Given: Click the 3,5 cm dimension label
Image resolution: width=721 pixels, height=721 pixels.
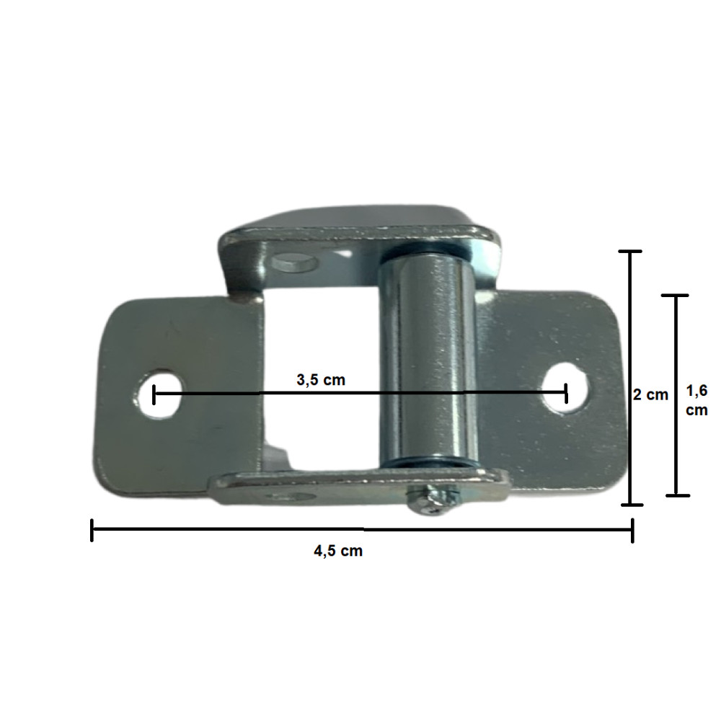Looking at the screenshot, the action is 321,380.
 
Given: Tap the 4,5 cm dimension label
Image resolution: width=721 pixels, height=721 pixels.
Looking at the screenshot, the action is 338,551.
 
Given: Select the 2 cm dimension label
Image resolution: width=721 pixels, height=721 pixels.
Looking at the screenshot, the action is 650,394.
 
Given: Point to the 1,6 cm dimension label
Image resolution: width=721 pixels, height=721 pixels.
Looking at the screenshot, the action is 696,400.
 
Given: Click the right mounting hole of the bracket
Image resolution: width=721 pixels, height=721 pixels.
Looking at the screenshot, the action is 565,387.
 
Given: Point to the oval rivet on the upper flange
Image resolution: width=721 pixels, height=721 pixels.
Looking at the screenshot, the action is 294,262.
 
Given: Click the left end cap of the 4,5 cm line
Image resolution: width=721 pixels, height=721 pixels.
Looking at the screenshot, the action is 92,530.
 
